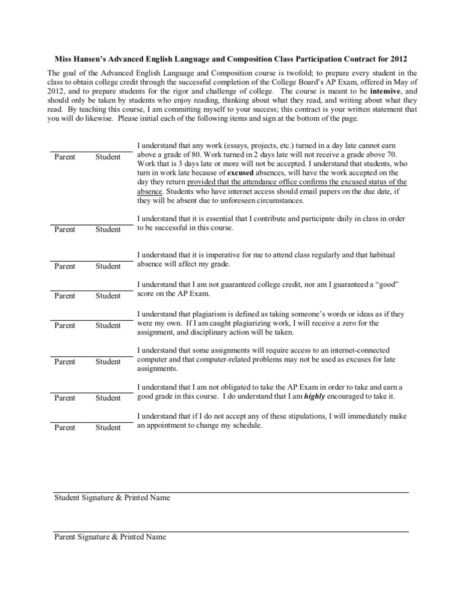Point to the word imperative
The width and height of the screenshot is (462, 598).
[x=219, y=255]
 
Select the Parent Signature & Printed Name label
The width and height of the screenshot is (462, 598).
[x=109, y=537]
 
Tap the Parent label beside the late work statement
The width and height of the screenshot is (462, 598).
[x=65, y=157]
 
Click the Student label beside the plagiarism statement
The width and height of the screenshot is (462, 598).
[x=108, y=325]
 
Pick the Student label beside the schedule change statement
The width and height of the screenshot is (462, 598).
[x=108, y=428]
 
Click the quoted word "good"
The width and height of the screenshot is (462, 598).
[x=384, y=283]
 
